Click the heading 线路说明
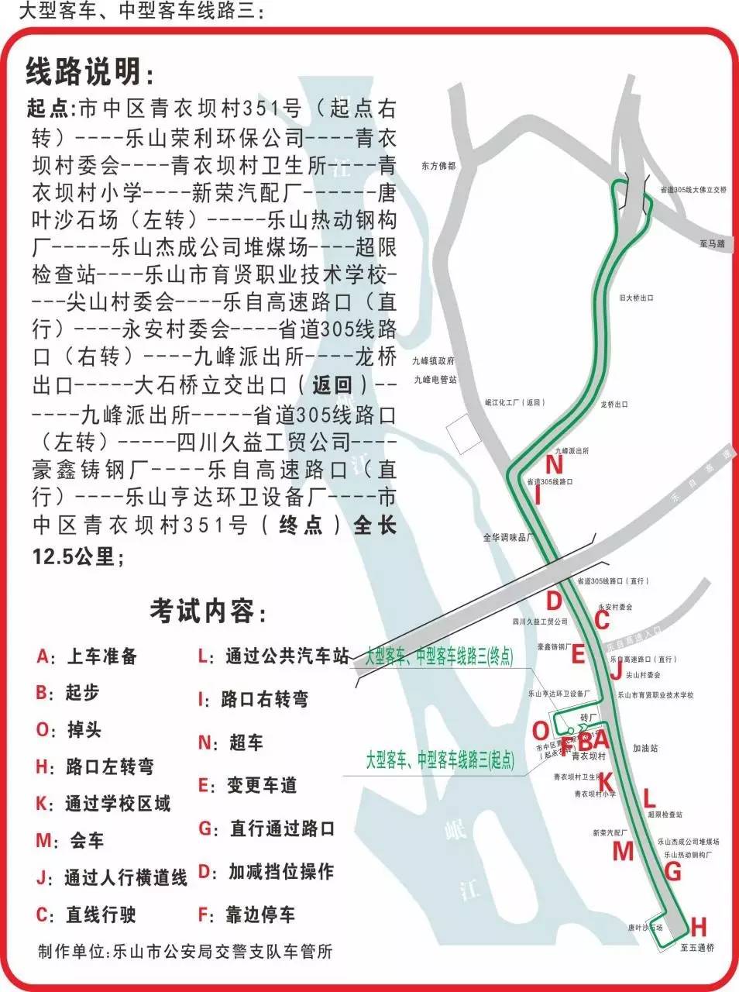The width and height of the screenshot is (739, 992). (x=90, y=72)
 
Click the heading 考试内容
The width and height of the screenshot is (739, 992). (x=208, y=611)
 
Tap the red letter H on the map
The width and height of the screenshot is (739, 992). (x=698, y=926)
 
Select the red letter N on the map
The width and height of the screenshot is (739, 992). (x=554, y=465)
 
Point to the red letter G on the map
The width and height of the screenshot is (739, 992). (x=672, y=872)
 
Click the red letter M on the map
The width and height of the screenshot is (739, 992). (x=623, y=851)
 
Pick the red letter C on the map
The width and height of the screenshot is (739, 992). (x=601, y=620)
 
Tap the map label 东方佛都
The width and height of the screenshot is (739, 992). (x=439, y=166)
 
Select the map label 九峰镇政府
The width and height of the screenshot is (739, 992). (x=434, y=360)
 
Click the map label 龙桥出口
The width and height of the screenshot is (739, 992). (x=614, y=404)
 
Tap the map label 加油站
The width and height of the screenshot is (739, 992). (x=644, y=749)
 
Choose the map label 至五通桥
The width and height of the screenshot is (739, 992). (x=697, y=947)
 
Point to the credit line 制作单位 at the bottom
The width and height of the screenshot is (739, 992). (x=185, y=951)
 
